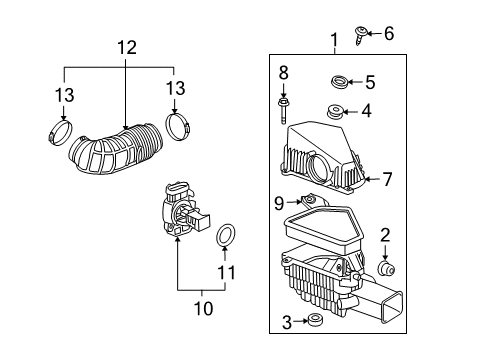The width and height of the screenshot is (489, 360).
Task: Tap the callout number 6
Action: (389, 34)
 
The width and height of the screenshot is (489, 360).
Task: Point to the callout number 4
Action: (367, 111)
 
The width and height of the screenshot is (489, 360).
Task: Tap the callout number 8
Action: (284, 73)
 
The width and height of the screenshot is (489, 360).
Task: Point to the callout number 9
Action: (280, 203)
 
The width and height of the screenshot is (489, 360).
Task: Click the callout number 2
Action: (384, 236)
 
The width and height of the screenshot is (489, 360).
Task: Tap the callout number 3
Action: (286, 322)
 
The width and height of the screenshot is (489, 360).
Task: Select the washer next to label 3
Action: (316, 320)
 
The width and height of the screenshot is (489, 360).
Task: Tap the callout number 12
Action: (124, 46)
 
